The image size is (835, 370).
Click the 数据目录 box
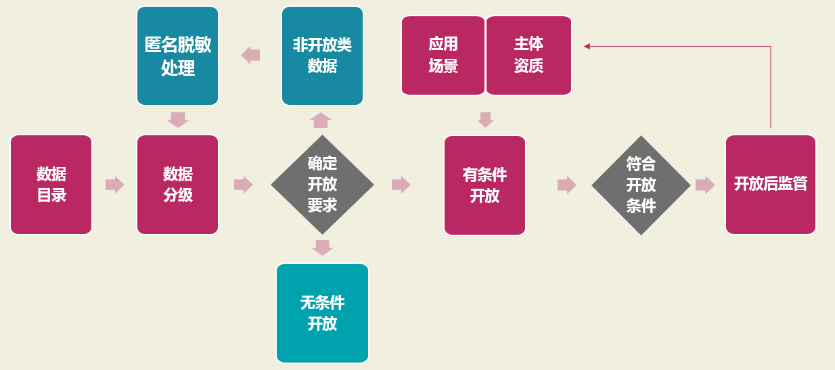51,185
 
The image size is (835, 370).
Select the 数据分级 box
178,185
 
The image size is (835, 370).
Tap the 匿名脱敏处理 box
178,55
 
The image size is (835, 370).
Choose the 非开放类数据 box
322,55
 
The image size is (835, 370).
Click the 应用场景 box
443,55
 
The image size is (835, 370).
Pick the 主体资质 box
528,55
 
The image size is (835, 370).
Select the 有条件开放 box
484,185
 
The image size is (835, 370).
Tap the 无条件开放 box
322,313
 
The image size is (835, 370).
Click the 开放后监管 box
770,185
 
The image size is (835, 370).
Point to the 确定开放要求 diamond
322,185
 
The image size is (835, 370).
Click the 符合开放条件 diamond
641,185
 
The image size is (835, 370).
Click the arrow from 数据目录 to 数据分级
115,185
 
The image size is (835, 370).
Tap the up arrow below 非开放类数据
321,120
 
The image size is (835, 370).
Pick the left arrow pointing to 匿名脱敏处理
250,55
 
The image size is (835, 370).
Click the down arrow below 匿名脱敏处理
178,120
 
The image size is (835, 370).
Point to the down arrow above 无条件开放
322,248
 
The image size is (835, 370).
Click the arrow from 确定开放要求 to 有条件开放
401,185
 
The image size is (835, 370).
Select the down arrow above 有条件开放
485,120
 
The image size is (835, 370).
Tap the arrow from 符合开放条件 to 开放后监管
705,185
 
